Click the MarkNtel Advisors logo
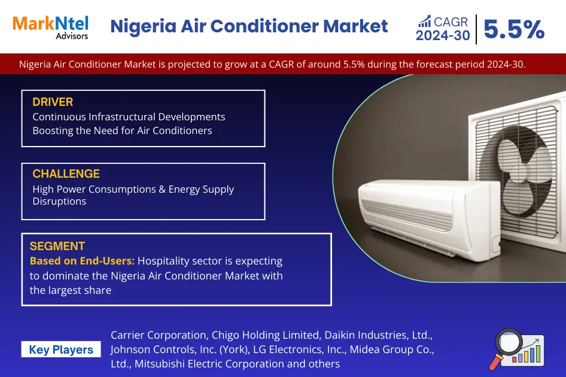tap(50, 26)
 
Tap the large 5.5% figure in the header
tap(513, 29)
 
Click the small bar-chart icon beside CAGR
tap(424, 22)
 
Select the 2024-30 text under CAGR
tap(443, 36)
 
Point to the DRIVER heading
tap(53, 102)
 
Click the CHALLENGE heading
tap(66, 174)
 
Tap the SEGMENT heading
tap(57, 246)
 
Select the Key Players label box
tap(61, 350)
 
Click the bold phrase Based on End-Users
tap(82, 261)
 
